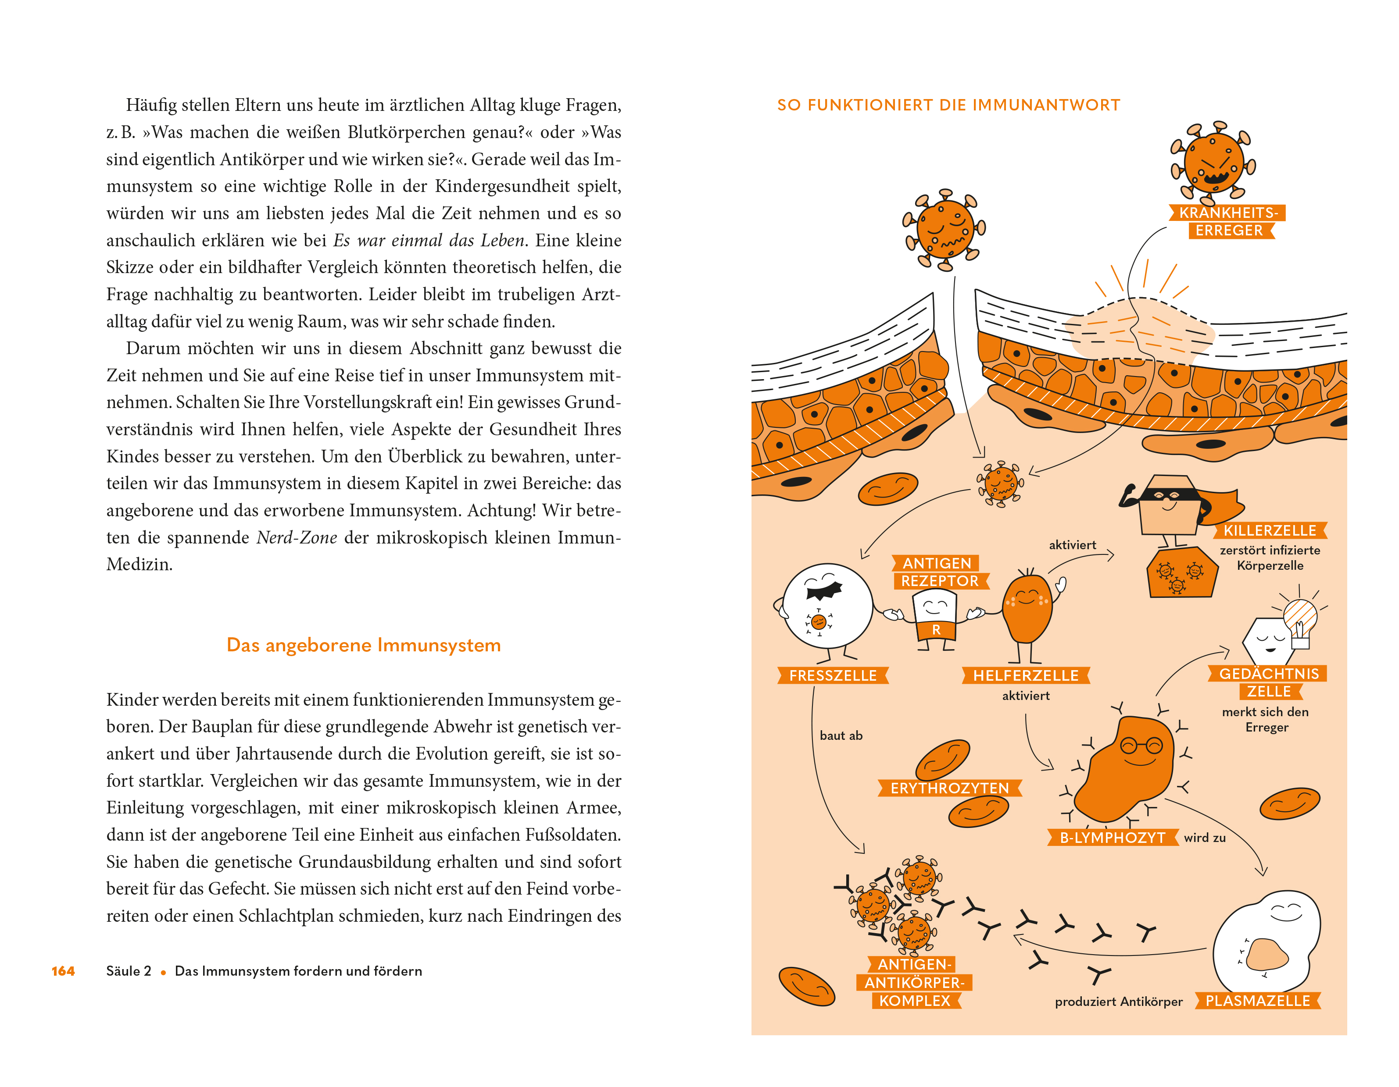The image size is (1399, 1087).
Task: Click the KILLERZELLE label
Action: (1269, 531)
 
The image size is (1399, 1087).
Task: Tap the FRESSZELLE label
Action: (832, 675)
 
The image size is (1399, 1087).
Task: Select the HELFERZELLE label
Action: (1026, 675)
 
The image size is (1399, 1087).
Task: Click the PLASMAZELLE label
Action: (1257, 1001)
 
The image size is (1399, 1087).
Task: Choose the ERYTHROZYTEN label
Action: (949, 788)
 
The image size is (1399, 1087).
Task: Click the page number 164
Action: (63, 971)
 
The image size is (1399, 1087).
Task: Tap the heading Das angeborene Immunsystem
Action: (363, 645)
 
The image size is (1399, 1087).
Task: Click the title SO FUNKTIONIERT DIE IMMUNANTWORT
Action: (949, 105)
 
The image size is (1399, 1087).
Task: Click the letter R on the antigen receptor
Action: (936, 630)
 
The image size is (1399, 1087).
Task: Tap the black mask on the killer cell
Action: (1170, 494)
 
